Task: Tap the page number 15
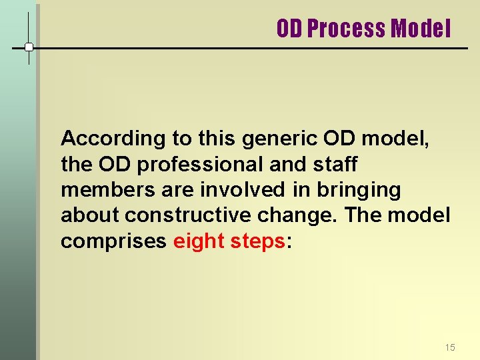pos(450,347)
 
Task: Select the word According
pos(104,139)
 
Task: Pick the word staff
pos(335,165)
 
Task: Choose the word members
pos(101,191)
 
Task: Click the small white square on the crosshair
pos(29,47)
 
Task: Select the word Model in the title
pos(421,29)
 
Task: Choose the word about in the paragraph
pos(90,216)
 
